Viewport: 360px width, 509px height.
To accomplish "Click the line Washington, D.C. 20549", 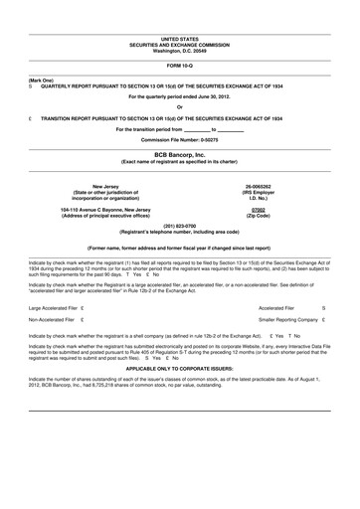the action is point(179,50).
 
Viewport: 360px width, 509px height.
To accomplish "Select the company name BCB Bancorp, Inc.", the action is point(179,155).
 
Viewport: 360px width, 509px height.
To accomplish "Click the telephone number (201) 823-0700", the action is point(179,225).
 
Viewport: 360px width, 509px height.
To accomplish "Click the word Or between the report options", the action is point(179,107).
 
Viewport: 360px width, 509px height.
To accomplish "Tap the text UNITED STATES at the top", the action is point(179,37).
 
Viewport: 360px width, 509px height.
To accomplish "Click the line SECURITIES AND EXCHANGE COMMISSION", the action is point(179,44).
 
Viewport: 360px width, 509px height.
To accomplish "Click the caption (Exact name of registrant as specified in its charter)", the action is point(179,162).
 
